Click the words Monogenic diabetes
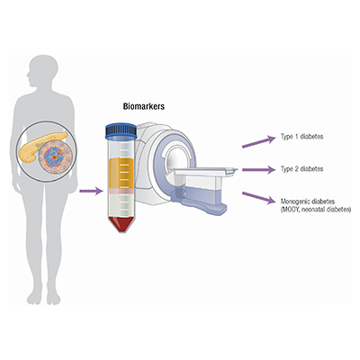click(x=310, y=201)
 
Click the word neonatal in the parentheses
click(x=316, y=210)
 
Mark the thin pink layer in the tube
click(x=127, y=195)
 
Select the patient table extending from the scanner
click(x=207, y=175)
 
